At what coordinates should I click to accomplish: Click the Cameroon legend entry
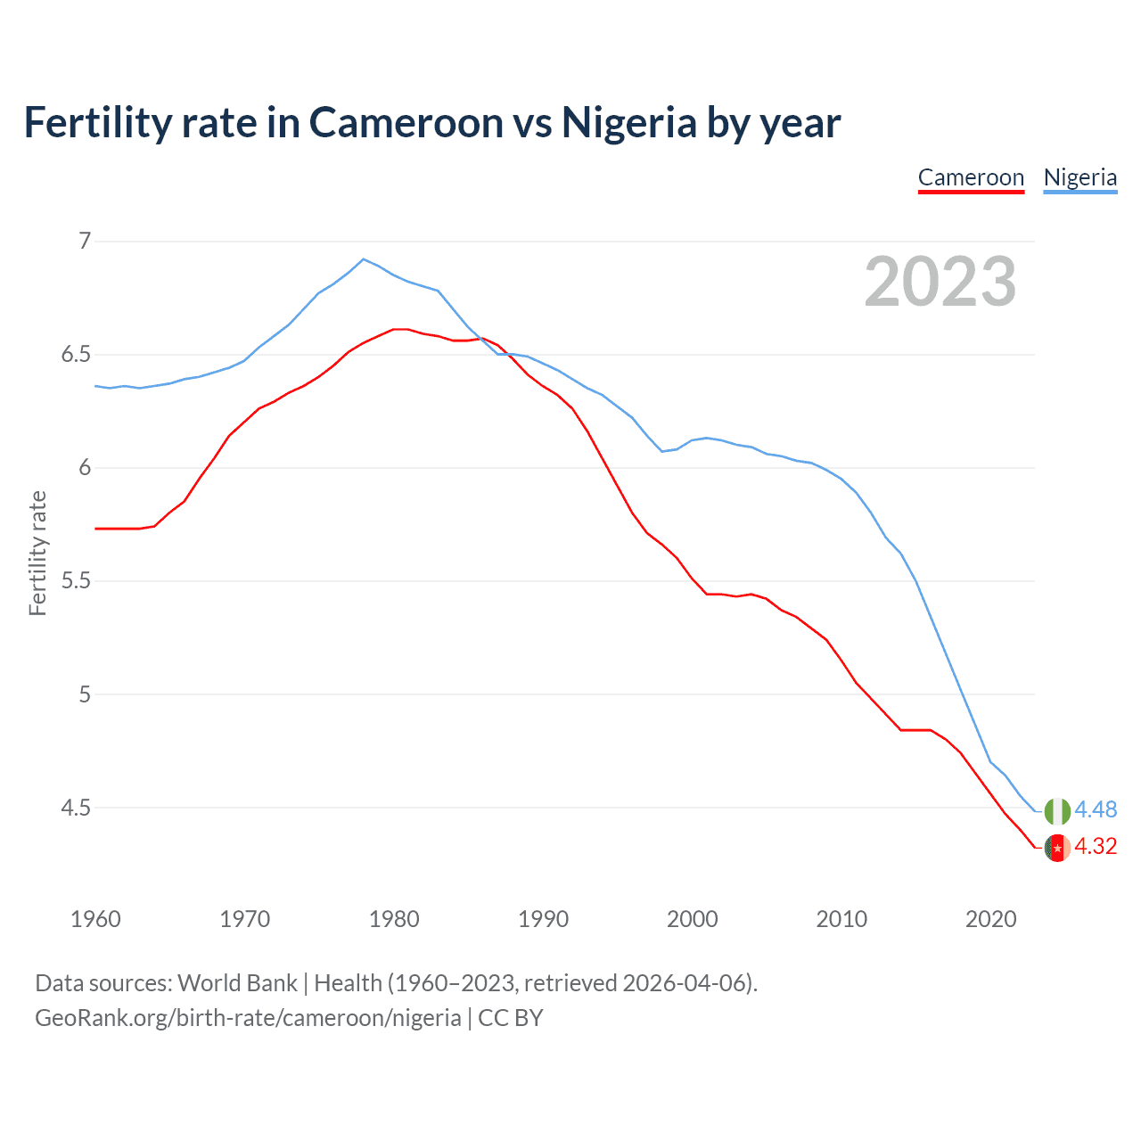(x=971, y=177)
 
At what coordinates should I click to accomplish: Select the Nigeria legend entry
(x=1079, y=177)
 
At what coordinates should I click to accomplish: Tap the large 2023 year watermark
(x=940, y=282)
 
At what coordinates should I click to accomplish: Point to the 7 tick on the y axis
(x=85, y=241)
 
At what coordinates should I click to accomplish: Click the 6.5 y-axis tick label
(x=76, y=355)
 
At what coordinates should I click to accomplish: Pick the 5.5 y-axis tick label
(x=76, y=581)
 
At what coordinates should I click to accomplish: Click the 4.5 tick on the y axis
(x=76, y=808)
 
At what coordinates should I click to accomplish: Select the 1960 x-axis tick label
(x=95, y=919)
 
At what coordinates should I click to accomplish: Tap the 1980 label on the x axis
(x=394, y=919)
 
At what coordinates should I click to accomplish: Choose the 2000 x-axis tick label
(x=692, y=919)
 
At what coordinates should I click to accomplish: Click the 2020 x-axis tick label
(x=990, y=919)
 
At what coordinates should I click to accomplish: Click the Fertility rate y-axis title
(x=37, y=553)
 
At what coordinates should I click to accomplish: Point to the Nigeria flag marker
(x=1057, y=811)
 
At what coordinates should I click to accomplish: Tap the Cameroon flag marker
(x=1057, y=848)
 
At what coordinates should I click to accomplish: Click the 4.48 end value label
(x=1096, y=809)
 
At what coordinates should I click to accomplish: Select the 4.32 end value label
(x=1096, y=846)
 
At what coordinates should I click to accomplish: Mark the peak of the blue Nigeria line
(x=363, y=259)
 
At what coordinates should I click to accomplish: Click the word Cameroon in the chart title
(x=406, y=122)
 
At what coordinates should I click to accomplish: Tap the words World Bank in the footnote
(x=237, y=983)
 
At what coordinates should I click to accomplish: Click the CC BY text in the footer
(x=511, y=1018)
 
